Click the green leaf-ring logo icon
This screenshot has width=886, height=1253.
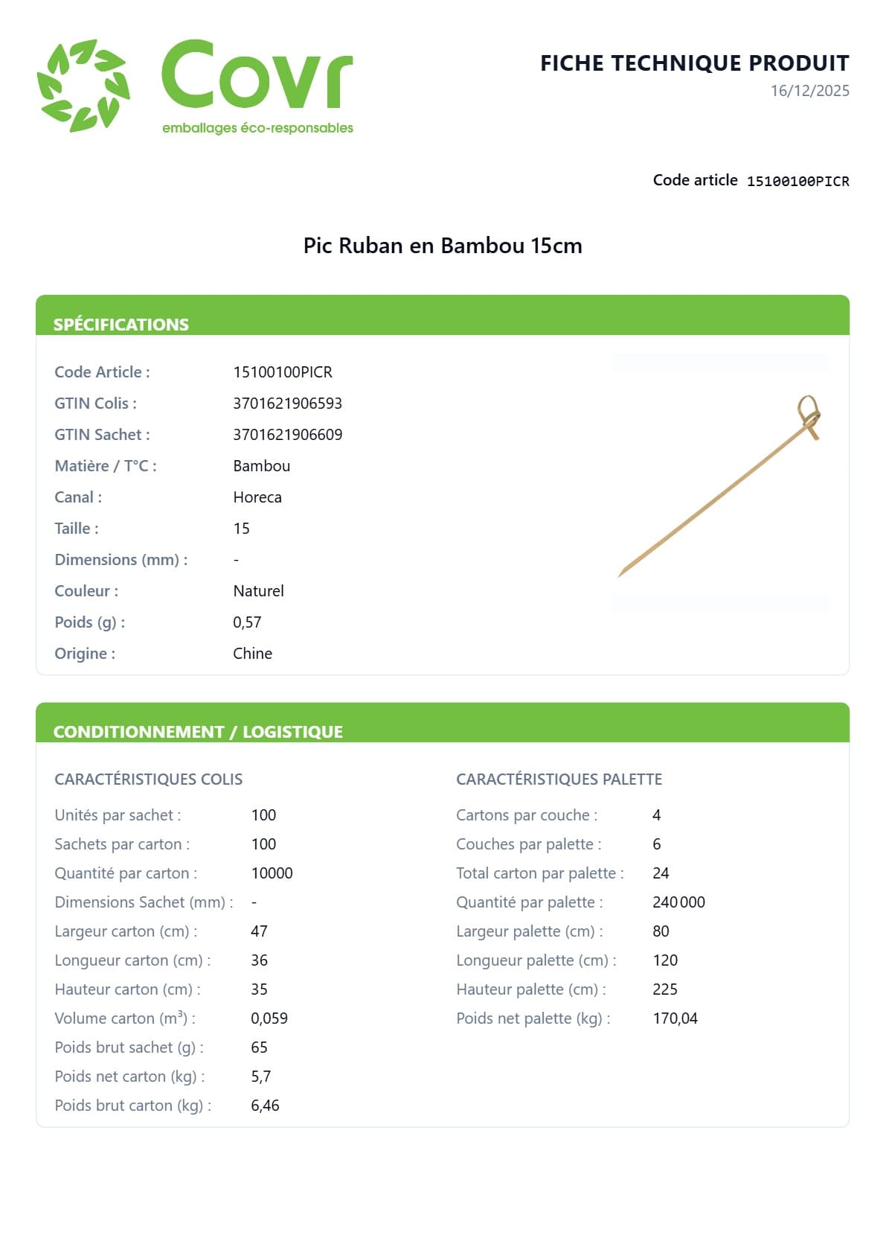(83, 86)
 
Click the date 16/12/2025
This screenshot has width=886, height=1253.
(809, 91)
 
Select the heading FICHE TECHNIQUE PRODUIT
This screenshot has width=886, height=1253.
(694, 63)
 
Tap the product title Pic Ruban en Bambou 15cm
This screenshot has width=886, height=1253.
(443, 246)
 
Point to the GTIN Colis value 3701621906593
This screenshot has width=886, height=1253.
(287, 404)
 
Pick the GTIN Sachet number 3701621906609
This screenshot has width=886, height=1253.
(287, 435)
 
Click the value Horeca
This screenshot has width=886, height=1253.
(257, 497)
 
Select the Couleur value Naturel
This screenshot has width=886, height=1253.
(258, 591)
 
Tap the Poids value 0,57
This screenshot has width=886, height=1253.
(247, 622)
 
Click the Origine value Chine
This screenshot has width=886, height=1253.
(252, 654)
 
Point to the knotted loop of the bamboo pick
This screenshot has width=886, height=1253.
(809, 411)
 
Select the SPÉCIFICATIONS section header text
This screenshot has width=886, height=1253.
(121, 325)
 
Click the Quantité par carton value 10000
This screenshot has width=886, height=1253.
(272, 873)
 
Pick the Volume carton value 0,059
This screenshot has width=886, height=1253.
(269, 1018)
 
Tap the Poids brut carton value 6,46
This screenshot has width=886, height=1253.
(265, 1106)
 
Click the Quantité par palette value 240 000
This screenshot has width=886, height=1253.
(678, 902)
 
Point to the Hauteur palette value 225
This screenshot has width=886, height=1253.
(664, 989)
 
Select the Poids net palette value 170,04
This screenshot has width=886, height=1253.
(675, 1018)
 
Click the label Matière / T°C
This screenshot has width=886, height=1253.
(106, 466)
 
